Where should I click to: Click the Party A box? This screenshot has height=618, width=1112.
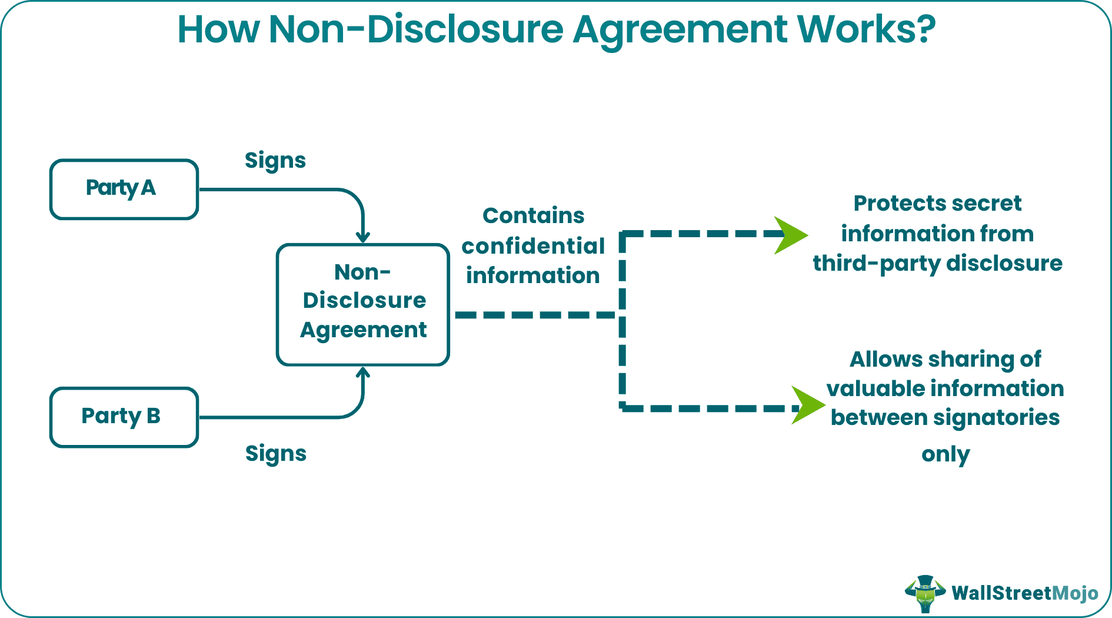tap(124, 189)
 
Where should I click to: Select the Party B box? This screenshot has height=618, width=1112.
tap(124, 417)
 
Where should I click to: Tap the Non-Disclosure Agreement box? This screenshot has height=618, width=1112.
tap(362, 304)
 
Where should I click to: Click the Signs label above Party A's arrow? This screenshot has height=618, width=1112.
tap(275, 161)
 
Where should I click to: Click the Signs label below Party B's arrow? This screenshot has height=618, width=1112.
tap(275, 454)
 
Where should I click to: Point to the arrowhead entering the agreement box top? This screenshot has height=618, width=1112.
tap(363, 237)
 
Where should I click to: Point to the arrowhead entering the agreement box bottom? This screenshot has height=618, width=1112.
tap(363, 373)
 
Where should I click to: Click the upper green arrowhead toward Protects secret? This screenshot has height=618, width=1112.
tap(790, 235)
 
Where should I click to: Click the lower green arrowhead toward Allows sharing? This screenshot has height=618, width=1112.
tap(807, 405)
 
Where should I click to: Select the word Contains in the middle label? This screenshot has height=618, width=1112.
tap(533, 216)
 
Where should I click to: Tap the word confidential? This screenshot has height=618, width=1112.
tap(533, 246)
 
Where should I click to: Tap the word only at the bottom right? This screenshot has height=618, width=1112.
tap(945, 454)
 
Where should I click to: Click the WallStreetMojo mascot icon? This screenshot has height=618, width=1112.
tap(925, 593)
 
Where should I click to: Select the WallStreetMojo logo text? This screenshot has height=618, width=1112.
tap(1024, 593)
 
